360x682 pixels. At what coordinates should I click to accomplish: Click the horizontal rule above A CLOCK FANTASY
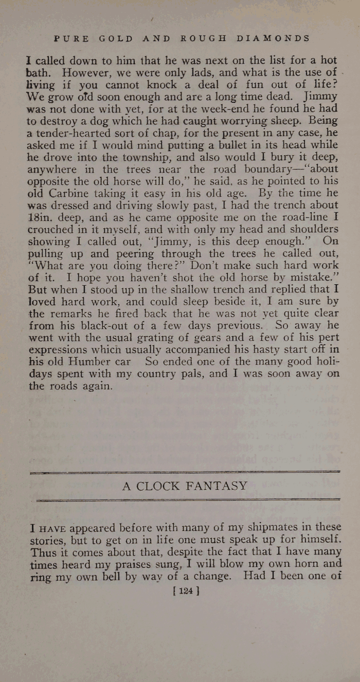pyautogui.click(x=185, y=471)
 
